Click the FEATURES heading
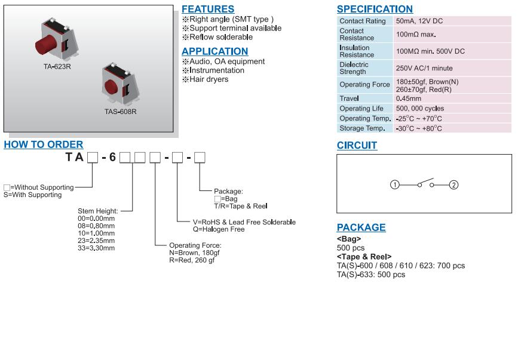[x=207, y=10]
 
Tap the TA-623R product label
[x=57, y=67]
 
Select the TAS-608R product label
[x=120, y=112]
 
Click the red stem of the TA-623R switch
[x=45, y=45]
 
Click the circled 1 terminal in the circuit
[x=394, y=184]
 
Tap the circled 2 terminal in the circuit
[x=453, y=184]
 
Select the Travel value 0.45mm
[x=409, y=99]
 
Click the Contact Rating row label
[x=362, y=21]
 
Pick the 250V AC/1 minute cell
[x=424, y=68]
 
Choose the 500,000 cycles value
[x=420, y=109]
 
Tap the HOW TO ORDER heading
[x=44, y=144]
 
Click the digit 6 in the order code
[x=112, y=158]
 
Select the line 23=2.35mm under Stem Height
[x=96, y=241]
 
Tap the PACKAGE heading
[x=361, y=227]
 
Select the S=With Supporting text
[x=32, y=195]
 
